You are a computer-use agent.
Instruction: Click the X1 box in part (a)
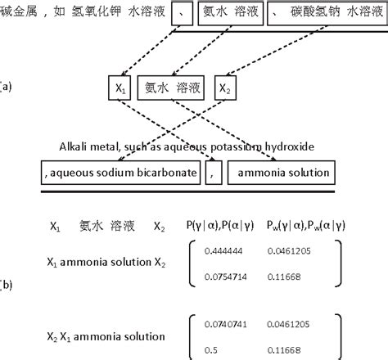point(120,88)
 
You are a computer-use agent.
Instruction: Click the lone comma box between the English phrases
point(212,173)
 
